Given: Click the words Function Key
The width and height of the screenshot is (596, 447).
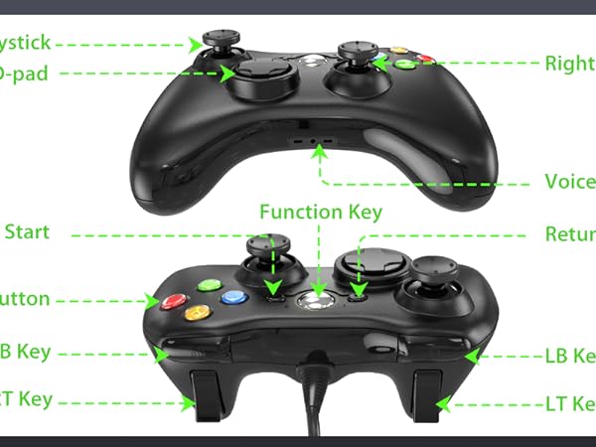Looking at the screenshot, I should coord(320,212).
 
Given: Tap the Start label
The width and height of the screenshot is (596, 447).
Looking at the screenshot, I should coord(27,232).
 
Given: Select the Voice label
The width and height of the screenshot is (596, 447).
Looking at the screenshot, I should coord(570,182).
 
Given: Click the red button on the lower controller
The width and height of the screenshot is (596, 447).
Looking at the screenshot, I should coord(175,301).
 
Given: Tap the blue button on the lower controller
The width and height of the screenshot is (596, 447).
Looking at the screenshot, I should coord(234,297).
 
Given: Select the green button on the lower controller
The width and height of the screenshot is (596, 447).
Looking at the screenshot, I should coord(209,285).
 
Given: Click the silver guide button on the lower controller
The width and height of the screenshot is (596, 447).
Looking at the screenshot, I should coord(318,300).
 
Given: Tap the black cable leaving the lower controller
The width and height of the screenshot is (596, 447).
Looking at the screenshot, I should coord(316,397).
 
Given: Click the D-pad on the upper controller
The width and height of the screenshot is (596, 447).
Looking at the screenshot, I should coord(259,73).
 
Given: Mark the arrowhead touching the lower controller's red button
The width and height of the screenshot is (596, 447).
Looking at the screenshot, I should coord(154,299).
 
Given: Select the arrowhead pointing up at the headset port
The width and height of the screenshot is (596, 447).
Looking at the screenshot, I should coord(319,155).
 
